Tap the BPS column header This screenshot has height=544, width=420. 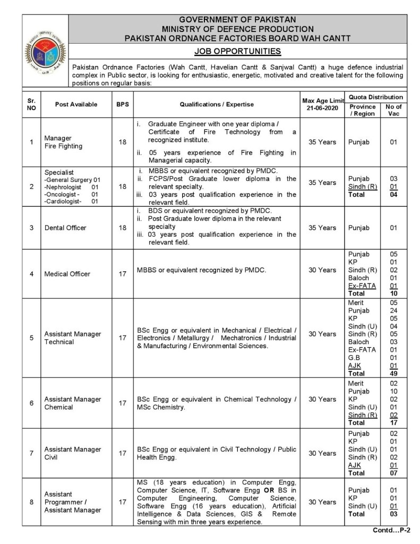click(x=123, y=105)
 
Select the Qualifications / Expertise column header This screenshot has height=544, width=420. click(x=217, y=105)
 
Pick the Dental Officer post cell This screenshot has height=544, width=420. click(x=65, y=228)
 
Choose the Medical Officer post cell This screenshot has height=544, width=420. click(x=67, y=274)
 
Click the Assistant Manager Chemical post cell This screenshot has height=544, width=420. click(x=73, y=403)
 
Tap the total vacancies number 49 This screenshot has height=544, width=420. click(x=393, y=373)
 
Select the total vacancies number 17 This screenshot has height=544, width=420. click(x=393, y=423)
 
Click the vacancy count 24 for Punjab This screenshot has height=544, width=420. click(x=393, y=311)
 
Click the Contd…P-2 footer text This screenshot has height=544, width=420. click(x=388, y=531)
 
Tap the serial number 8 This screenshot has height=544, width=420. click(x=31, y=501)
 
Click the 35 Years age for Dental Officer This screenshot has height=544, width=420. click(x=322, y=228)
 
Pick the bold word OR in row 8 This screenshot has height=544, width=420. click(x=269, y=490)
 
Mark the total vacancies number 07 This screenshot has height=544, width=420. click(x=393, y=473)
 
